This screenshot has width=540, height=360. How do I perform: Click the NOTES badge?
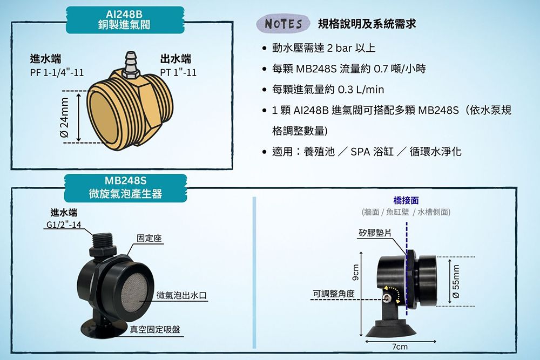pos(283,23)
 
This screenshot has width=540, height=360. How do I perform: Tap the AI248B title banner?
pos(125,19)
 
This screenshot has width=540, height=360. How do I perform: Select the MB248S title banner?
pos(125,188)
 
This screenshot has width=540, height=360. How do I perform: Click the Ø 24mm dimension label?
pos(65,117)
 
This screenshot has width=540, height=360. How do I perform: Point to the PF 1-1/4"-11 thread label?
pos(57,73)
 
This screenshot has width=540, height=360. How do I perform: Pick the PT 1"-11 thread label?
pos(178,73)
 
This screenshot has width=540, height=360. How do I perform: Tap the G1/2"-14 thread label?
pos(64,225)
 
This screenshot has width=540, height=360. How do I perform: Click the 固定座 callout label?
pos(149,238)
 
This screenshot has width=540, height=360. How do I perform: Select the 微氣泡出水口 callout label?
pos(181,295)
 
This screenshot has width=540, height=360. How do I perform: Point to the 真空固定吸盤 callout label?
pos(155,330)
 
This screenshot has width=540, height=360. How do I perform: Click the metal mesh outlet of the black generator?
pos(134,291)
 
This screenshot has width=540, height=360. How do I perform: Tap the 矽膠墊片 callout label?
pos(375,233)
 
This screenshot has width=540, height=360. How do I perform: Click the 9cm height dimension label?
pos(356,272)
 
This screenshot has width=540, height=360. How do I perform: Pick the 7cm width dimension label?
pos(400,347)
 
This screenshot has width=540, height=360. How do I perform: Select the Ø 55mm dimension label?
pos(456,281)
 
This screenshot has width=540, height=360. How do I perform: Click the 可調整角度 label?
pos(333,294)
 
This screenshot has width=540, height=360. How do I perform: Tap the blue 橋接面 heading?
pos(406,200)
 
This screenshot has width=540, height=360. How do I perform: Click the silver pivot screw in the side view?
pos(388,298)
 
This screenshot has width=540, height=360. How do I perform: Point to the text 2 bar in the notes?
pos(340,48)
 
